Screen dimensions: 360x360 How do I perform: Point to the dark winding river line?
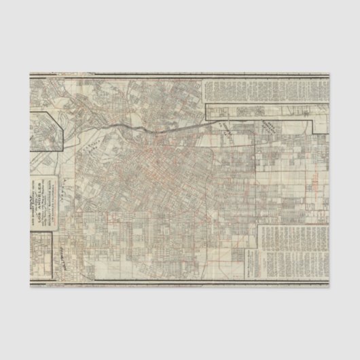(x=156, y=127)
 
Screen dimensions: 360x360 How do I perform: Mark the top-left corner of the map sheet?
(x=29, y=72)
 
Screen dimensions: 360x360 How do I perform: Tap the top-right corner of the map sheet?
(x=330, y=72)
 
